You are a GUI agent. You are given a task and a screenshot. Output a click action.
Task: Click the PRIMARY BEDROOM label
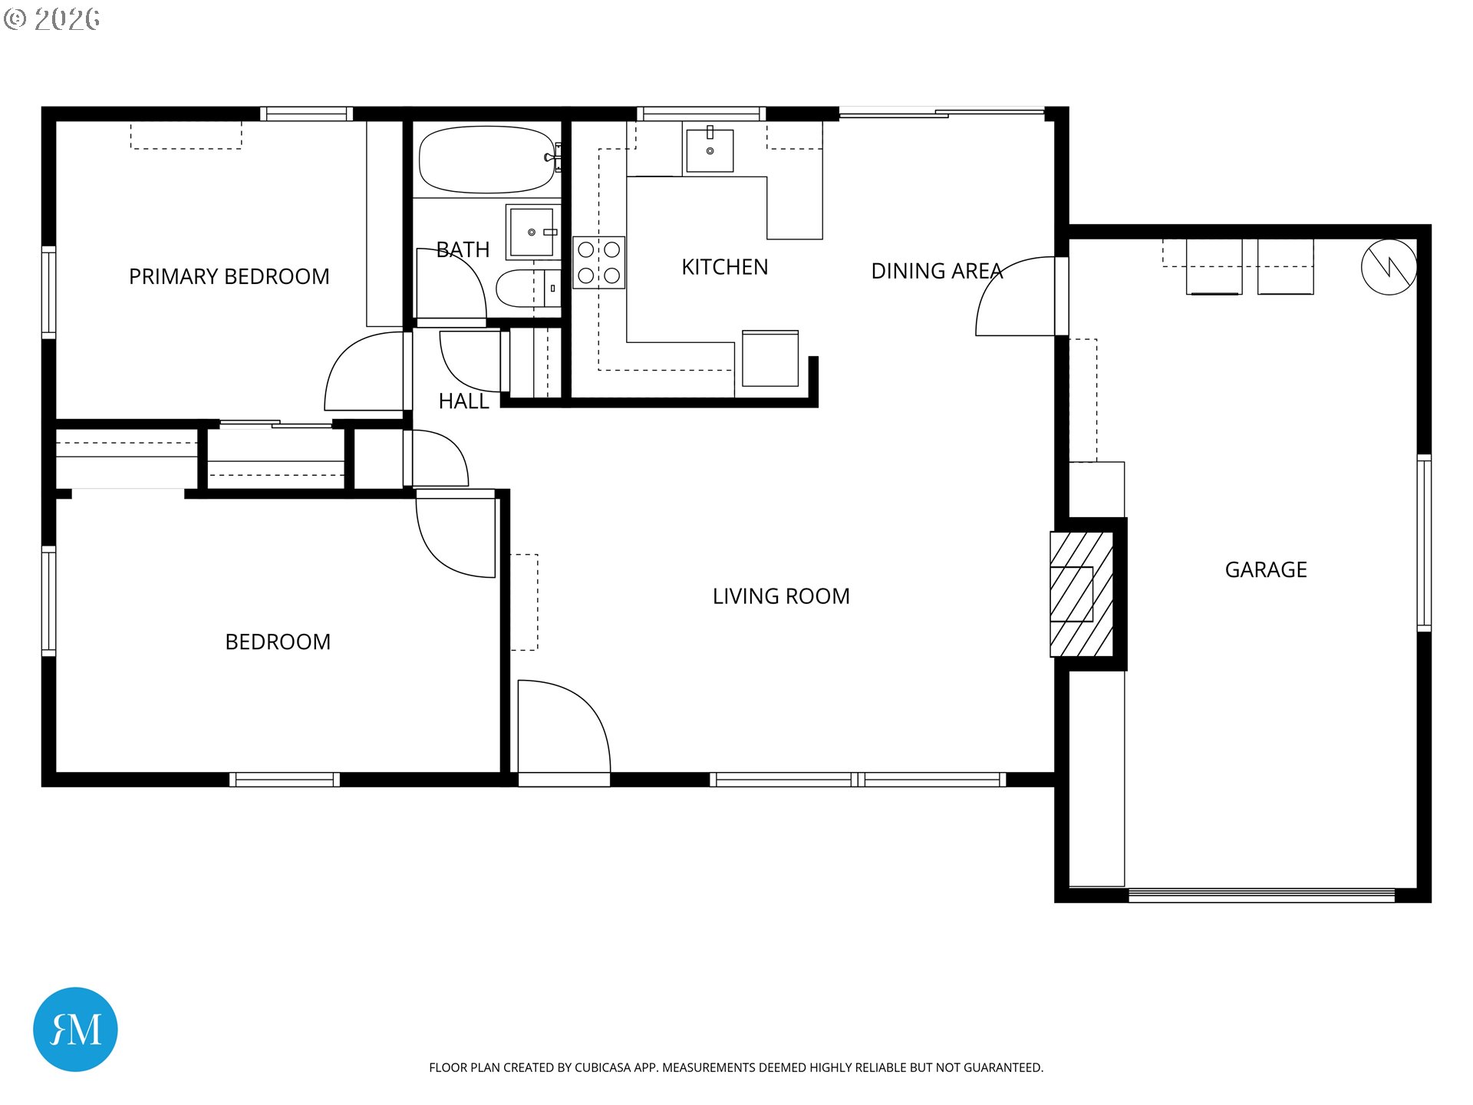pyautogui.click(x=229, y=276)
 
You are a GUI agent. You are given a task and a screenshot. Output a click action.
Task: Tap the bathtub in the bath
pyautogui.click(x=487, y=160)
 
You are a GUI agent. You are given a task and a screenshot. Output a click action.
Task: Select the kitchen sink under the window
pyautogui.click(x=709, y=150)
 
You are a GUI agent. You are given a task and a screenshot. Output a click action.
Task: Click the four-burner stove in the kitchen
pyautogui.click(x=598, y=262)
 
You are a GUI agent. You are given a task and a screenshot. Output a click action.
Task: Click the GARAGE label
pyautogui.click(x=1265, y=570)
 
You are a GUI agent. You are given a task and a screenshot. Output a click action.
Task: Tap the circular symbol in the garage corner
pyautogui.click(x=1388, y=267)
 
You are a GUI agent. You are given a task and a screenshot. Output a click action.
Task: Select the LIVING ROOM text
pyautogui.click(x=780, y=596)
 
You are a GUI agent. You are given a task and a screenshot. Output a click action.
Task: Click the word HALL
pyautogui.click(x=463, y=401)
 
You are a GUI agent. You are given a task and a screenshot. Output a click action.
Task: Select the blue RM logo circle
pyautogui.click(x=75, y=1029)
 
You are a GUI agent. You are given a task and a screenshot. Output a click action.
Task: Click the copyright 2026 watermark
pyautogui.click(x=52, y=19)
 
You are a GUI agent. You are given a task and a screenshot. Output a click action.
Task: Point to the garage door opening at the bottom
pyautogui.click(x=1260, y=894)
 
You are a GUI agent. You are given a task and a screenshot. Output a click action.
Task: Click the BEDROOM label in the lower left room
pyautogui.click(x=278, y=642)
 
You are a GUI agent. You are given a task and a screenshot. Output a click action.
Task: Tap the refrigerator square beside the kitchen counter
pyautogui.click(x=769, y=358)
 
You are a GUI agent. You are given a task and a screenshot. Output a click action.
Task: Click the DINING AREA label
pyautogui.click(x=936, y=271)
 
